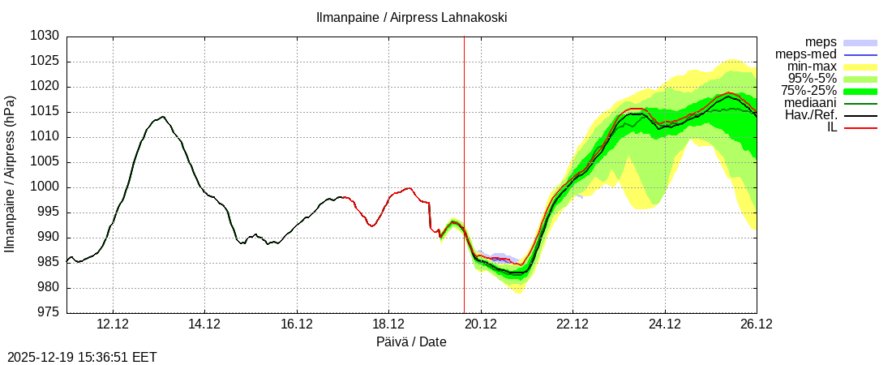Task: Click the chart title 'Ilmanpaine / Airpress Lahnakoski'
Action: pyautogui.click(x=411, y=17)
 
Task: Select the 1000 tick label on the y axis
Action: pyautogui.click(x=45, y=187)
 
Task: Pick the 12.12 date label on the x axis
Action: pyautogui.click(x=112, y=324)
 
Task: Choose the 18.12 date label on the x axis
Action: pyautogui.click(x=388, y=324)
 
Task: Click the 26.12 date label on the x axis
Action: pyautogui.click(x=757, y=324)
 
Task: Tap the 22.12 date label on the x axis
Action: pyautogui.click(x=573, y=324)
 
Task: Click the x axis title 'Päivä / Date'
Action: pyautogui.click(x=411, y=342)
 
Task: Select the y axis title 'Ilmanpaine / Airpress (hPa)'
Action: pyautogui.click(x=11, y=174)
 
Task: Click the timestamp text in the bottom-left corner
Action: pyautogui.click(x=82, y=357)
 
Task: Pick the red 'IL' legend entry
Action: pyautogui.click(x=831, y=127)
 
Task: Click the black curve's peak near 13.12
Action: pyautogui.click(x=163, y=117)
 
